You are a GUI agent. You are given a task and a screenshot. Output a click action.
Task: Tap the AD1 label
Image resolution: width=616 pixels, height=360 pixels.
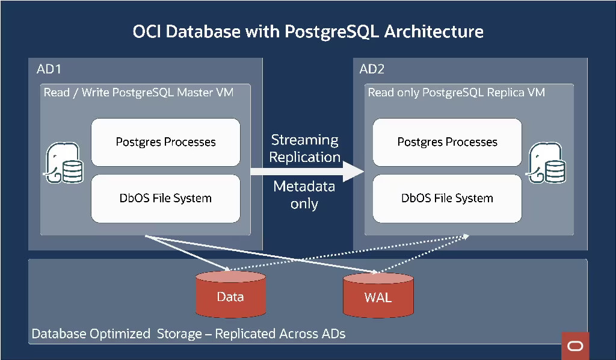tap(49, 69)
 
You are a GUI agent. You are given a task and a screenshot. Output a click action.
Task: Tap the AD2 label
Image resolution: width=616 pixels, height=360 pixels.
tap(372, 69)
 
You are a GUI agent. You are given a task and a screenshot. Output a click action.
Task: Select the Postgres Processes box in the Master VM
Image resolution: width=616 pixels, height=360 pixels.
tap(165, 142)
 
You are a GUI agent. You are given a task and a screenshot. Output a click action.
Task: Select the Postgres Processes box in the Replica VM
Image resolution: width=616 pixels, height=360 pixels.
tap(447, 142)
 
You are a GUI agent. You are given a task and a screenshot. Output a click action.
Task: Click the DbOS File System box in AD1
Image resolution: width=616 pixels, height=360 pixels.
tap(165, 198)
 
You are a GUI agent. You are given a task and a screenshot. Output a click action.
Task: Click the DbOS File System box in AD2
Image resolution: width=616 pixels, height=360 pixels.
tap(447, 198)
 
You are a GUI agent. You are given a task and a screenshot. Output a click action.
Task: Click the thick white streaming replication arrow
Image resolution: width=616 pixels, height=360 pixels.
tap(307, 172)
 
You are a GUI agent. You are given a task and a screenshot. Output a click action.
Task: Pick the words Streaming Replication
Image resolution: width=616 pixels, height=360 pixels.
tap(304, 148)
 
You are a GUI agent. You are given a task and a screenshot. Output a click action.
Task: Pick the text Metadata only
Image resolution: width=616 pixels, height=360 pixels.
tap(304, 195)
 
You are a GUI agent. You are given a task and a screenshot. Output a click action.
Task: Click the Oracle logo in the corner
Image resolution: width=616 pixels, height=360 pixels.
tap(575, 346)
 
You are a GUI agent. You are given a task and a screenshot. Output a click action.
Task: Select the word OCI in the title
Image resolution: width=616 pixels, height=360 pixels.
tap(147, 31)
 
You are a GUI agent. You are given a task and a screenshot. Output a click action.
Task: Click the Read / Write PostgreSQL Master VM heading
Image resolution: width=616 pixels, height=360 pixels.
tap(138, 93)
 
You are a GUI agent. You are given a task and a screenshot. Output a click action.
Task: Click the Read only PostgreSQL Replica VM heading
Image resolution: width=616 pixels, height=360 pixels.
tap(456, 93)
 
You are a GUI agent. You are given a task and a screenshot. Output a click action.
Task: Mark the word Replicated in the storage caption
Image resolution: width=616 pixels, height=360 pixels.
tap(244, 334)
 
